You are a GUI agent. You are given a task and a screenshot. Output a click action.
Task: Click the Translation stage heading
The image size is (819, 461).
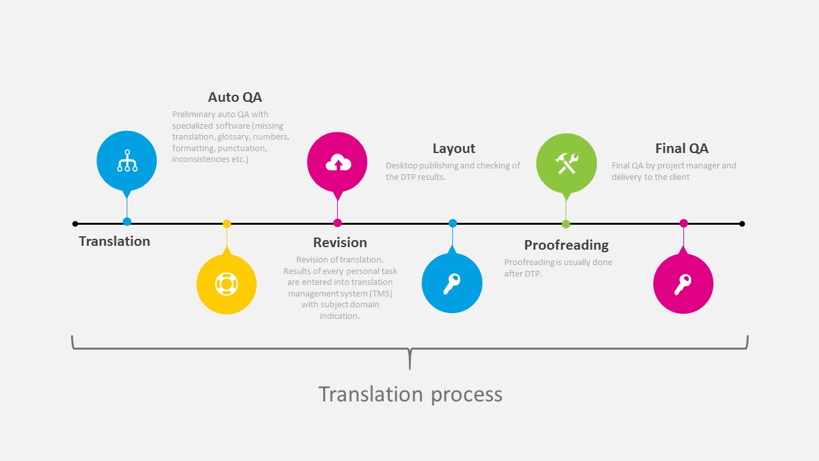pyautogui.click(x=115, y=241)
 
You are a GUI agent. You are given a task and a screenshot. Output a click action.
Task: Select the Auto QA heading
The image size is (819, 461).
pyautogui.click(x=235, y=97)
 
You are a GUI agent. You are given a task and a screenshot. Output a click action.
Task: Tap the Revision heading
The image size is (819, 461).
pyautogui.click(x=340, y=243)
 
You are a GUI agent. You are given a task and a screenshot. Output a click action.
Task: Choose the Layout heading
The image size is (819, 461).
pyautogui.click(x=454, y=149)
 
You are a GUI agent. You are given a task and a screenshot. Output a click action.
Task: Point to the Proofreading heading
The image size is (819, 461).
pyautogui.click(x=566, y=245)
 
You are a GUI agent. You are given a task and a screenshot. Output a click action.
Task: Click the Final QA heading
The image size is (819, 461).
pyautogui.click(x=681, y=149)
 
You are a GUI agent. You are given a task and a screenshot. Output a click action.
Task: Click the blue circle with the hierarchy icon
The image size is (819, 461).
pyautogui.click(x=127, y=161)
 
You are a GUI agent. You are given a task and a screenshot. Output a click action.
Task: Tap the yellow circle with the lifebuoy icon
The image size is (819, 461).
pyautogui.click(x=227, y=284)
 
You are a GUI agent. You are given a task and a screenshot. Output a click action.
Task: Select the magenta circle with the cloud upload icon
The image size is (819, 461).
pyautogui.click(x=337, y=163)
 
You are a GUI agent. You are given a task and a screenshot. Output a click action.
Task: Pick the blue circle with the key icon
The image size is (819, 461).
pyautogui.click(x=452, y=283)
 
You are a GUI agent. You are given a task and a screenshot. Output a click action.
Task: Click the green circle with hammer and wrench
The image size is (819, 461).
pyautogui.click(x=566, y=163)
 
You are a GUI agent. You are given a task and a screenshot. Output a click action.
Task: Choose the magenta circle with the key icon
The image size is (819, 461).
pyautogui.click(x=683, y=284)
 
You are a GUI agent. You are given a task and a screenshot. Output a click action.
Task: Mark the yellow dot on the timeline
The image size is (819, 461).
pyautogui.click(x=227, y=224)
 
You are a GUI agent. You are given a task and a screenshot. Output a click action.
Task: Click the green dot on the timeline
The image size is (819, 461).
pyautogui.click(x=566, y=224)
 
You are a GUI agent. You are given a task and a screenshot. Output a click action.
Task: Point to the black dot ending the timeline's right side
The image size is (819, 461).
pyautogui.click(x=742, y=224)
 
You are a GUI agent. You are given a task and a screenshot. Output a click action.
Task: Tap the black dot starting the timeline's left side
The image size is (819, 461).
pyautogui.click(x=76, y=224)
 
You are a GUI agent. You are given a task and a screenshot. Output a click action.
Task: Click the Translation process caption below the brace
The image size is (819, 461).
pyautogui.click(x=410, y=394)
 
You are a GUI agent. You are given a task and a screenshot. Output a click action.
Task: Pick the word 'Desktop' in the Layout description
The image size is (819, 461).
pyautogui.click(x=401, y=166)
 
